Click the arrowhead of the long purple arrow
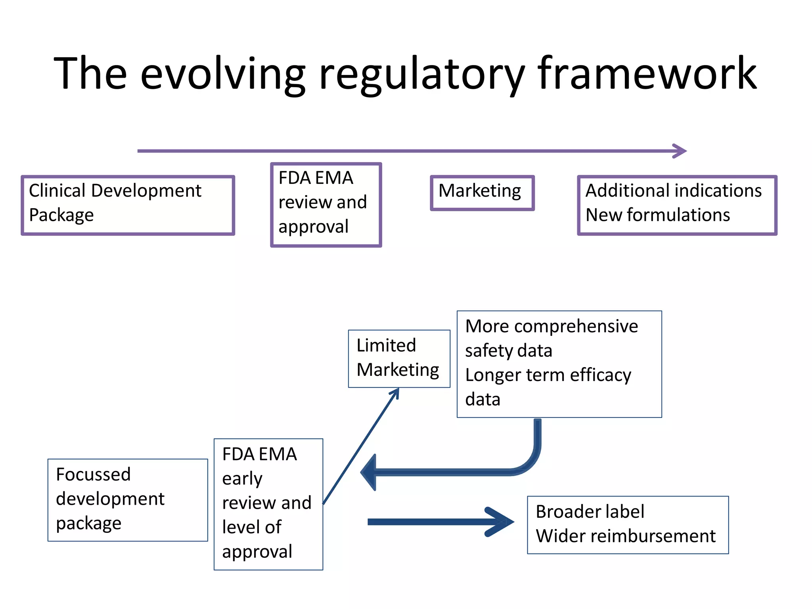tap(680, 151)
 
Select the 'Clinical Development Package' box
tap(128, 205)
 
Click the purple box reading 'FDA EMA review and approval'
tap(326, 205)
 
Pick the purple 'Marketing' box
tap(482, 193)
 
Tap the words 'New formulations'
tap(657, 215)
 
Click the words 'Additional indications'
tap(673, 191)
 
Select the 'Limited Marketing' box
tap(399, 358)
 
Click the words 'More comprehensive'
tap(551, 326)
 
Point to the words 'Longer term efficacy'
tap(548, 375)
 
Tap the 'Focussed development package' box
tap(128, 500)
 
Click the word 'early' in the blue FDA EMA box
tap(242, 479)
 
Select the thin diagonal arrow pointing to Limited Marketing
tap(361, 446)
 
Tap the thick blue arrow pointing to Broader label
tap(440, 522)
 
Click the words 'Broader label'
tap(590, 512)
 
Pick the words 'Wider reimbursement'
tap(625, 536)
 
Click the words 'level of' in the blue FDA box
tap(251, 527)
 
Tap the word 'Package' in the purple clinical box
tap(61, 215)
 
